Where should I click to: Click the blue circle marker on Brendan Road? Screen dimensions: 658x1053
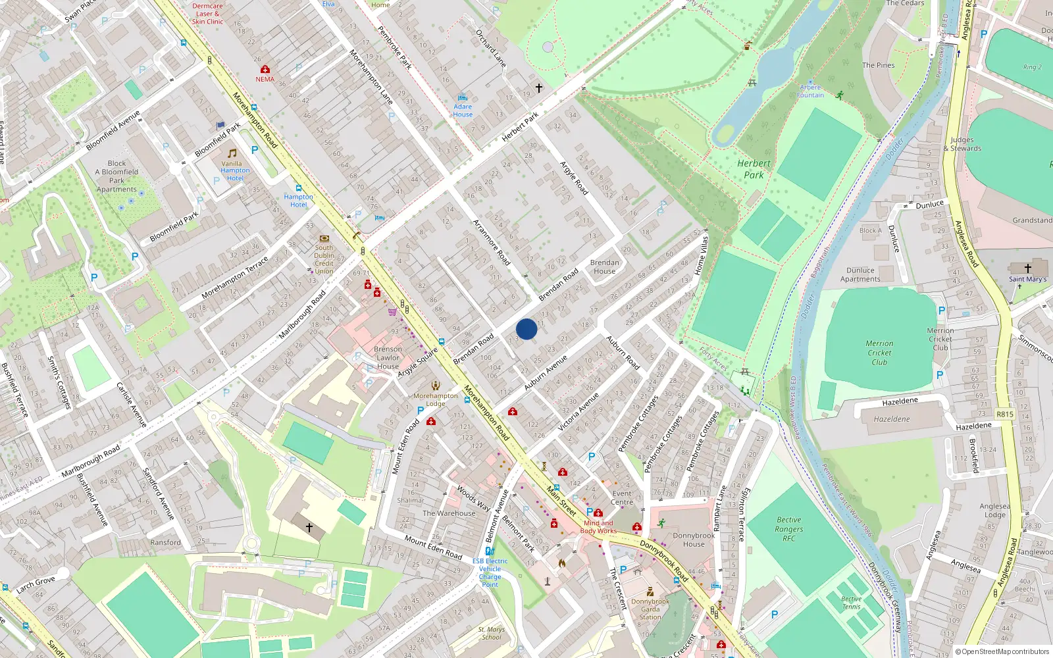coord(526,329)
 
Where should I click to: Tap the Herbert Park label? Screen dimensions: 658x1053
coord(754,169)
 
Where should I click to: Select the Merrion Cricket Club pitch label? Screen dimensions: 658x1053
coord(879,353)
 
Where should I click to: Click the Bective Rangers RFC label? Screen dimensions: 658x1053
coord(788,529)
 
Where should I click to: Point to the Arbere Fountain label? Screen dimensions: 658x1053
coord(810,91)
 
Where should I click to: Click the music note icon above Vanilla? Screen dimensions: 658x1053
coord(232,153)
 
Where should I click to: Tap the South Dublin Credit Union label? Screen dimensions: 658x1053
coord(324,259)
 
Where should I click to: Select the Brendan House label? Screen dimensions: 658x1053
coord(604,266)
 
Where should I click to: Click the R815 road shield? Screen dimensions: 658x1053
coord(1004,414)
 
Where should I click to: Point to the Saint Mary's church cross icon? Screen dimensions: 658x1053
coord(1027,268)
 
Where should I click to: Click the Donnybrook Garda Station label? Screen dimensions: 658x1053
coord(650,609)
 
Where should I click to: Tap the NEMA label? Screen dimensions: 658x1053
coord(265,80)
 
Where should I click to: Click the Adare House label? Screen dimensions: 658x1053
coord(463,110)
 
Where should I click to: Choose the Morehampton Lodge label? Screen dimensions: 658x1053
coord(436,399)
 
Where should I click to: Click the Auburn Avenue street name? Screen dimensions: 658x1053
coord(546,373)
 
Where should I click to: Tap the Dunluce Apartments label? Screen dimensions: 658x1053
coord(860,274)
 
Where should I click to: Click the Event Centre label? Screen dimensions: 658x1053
coord(622,497)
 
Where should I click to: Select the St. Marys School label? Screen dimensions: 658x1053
coord(492,633)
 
